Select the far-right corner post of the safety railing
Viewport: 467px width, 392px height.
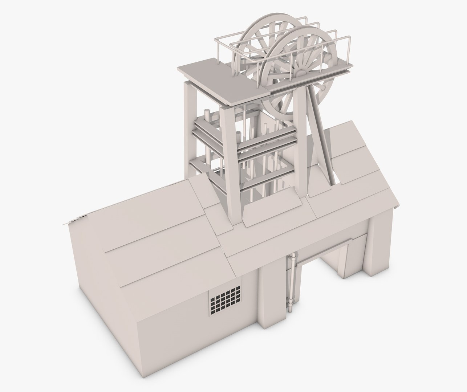tap(349, 49)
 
